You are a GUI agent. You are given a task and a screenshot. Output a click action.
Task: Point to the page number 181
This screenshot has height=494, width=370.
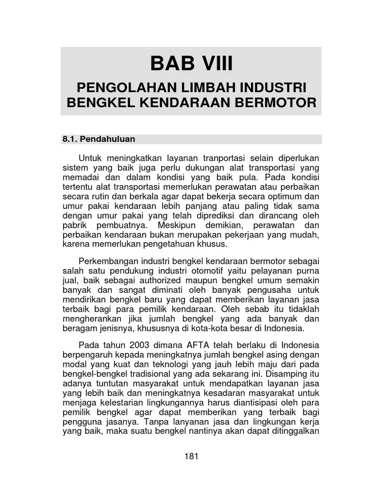(191, 456)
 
